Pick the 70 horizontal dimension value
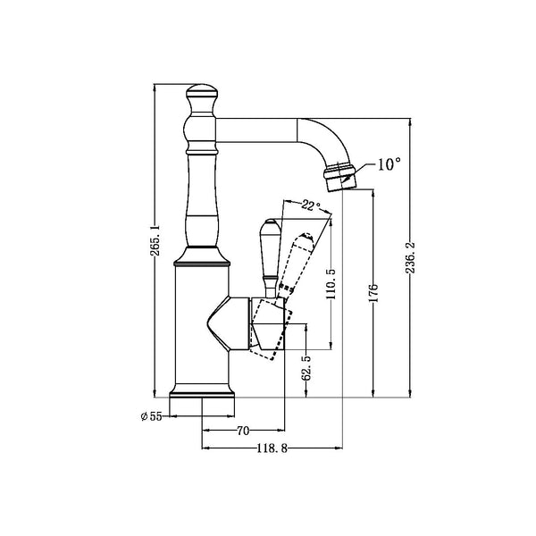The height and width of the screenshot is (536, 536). [243, 431]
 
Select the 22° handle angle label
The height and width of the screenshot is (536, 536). [309, 205]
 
